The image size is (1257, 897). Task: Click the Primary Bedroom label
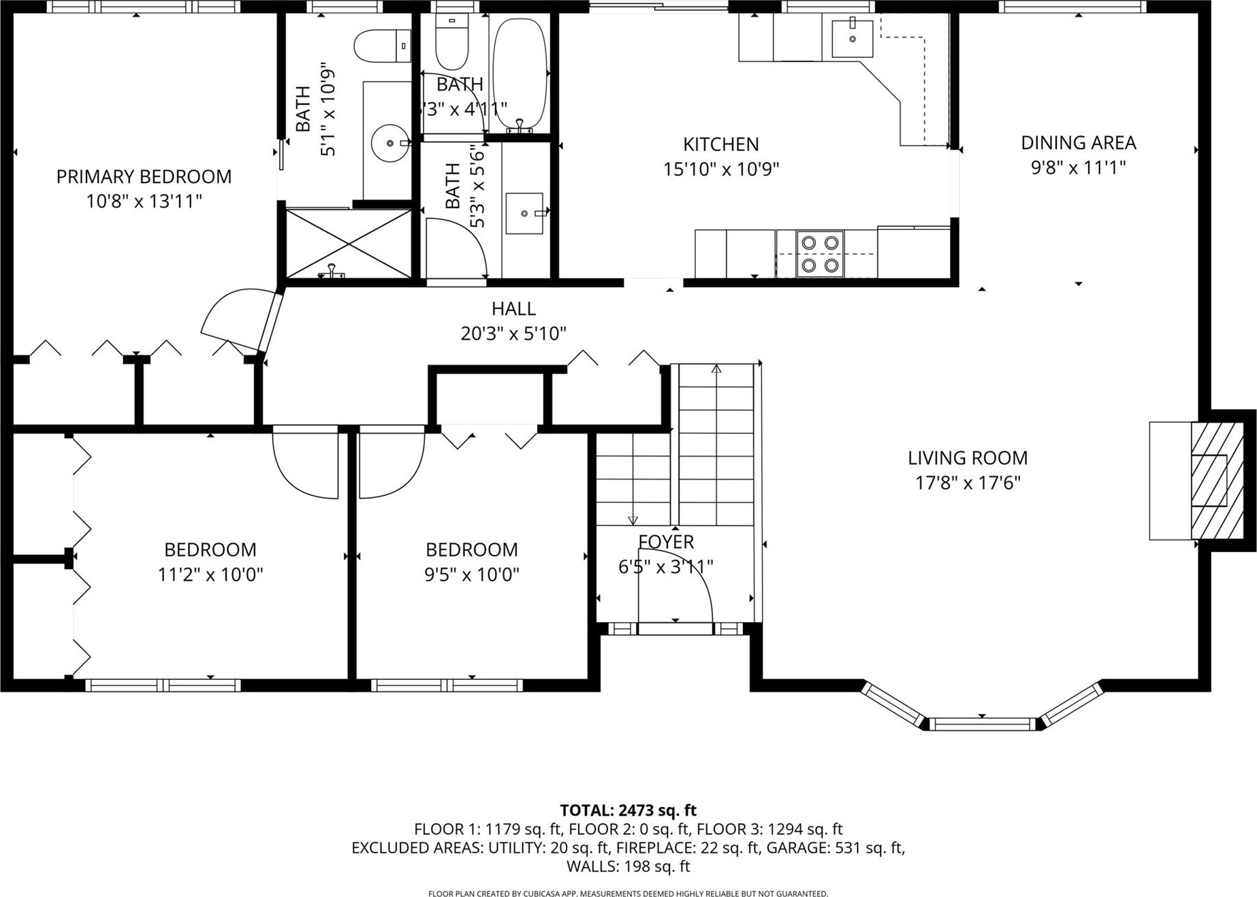coord(144,177)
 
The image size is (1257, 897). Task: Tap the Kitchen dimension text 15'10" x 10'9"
coord(721,169)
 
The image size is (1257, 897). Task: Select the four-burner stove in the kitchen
coord(820,254)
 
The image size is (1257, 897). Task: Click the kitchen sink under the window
coord(852,39)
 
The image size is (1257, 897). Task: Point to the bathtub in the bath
coord(520,74)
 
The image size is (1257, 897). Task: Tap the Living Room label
coord(968,458)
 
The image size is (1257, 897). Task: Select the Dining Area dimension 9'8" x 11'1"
coord(1078,167)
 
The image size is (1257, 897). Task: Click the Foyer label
coord(666,542)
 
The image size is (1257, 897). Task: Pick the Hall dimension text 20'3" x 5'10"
coord(513,333)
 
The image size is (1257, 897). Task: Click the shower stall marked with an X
coord(349,244)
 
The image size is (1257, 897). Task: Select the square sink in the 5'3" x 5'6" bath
coord(524,213)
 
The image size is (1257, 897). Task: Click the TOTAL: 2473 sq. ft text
coord(628,811)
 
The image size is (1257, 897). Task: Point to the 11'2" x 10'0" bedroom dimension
coord(210,575)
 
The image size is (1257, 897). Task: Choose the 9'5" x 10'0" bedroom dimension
coord(472,575)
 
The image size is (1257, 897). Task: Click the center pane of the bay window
coord(981,723)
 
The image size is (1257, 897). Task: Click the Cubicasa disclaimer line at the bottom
coord(628,894)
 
